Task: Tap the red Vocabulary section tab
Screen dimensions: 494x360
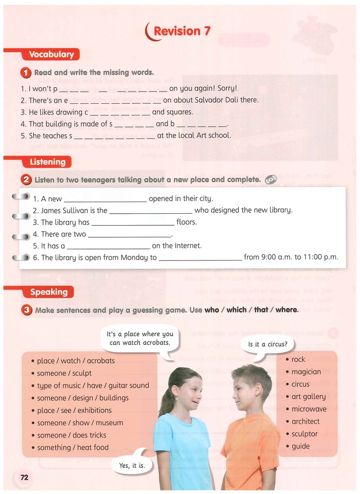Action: point(51,55)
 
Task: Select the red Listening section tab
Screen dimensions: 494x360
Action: point(47,162)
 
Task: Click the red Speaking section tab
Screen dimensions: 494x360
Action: point(49,292)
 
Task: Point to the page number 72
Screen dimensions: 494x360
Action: point(24,478)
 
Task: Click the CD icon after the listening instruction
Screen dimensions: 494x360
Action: point(271,179)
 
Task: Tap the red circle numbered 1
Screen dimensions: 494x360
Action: point(26,73)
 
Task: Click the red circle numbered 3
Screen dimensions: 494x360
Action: point(27,310)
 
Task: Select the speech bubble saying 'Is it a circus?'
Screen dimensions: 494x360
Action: point(267,344)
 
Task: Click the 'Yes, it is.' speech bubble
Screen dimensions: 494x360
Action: point(132,466)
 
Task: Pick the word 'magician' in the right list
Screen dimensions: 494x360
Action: point(306,372)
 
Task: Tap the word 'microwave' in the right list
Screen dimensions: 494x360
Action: point(309,409)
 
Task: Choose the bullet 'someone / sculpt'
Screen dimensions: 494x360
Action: point(64,373)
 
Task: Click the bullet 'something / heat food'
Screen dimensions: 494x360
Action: point(73,448)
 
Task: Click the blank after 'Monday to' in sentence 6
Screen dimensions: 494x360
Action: point(200,259)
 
